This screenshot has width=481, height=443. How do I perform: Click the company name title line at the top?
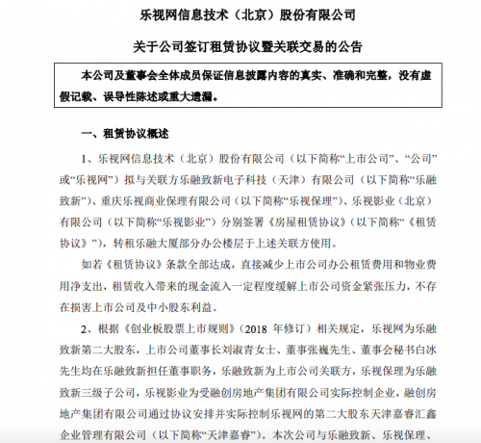240,13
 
